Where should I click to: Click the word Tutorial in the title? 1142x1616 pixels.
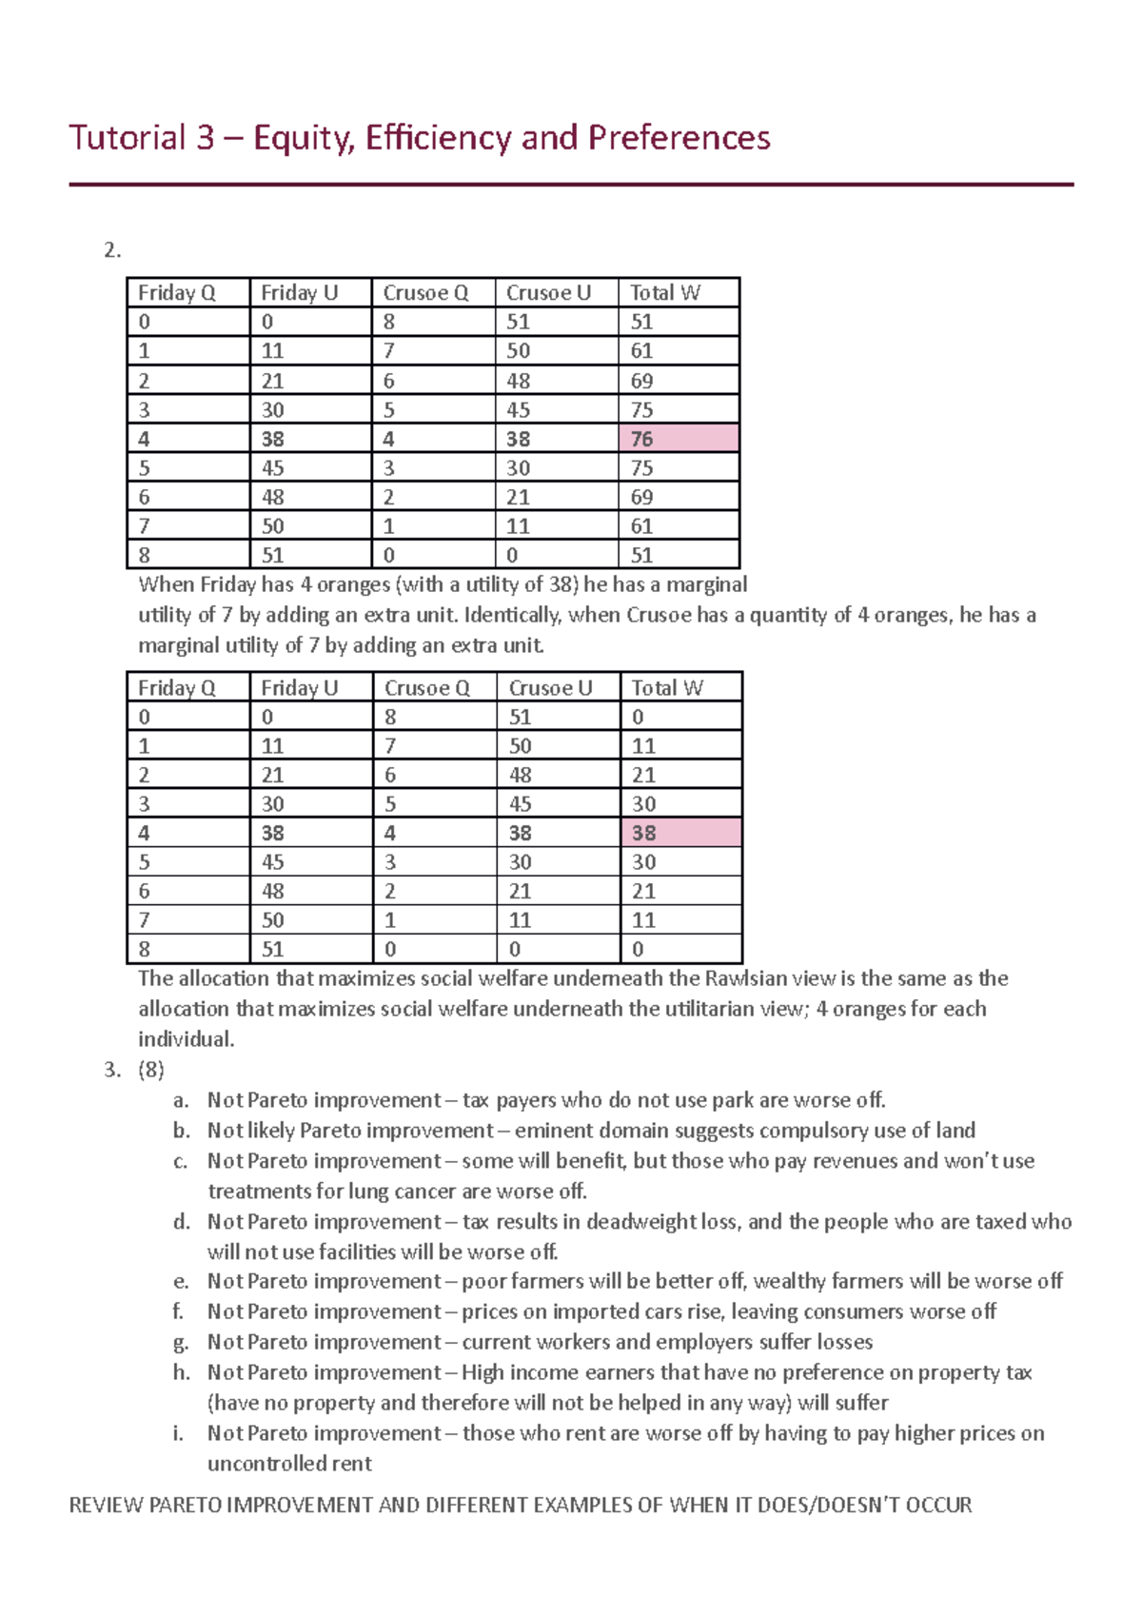(x=128, y=138)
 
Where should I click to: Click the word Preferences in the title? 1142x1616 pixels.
(x=679, y=138)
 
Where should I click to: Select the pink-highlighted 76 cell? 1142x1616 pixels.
(x=678, y=439)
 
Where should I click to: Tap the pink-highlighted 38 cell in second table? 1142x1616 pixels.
(x=679, y=833)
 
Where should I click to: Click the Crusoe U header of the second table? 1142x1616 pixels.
(x=550, y=688)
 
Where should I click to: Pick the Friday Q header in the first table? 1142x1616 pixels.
(x=177, y=293)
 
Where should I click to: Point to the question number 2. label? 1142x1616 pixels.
(x=112, y=250)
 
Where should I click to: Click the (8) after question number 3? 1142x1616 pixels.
(x=150, y=1070)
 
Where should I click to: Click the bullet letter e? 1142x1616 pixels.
(x=181, y=1281)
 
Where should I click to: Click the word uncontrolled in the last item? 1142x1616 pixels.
(x=289, y=1464)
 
